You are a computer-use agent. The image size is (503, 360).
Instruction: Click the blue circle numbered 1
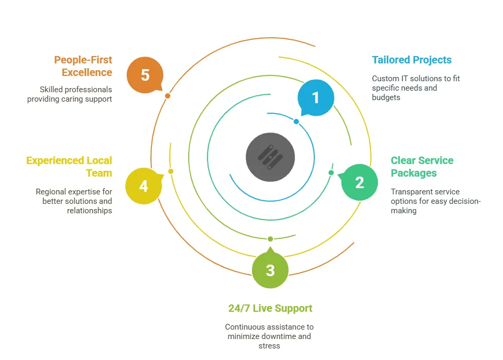(315, 98)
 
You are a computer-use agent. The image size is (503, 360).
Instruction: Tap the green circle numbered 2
(359, 182)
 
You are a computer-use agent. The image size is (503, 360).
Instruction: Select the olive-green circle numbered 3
(270, 270)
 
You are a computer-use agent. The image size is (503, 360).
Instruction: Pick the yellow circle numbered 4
(143, 186)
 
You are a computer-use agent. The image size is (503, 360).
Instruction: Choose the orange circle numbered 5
(145, 75)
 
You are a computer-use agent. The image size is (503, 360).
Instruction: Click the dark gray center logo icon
(270, 157)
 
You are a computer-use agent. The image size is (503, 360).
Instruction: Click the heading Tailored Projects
(411, 60)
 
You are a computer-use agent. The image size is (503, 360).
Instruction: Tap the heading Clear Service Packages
(422, 167)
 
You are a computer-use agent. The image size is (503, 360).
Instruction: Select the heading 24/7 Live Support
(270, 308)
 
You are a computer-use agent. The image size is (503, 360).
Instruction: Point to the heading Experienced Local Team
(69, 167)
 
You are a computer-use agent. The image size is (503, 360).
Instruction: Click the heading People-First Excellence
(83, 66)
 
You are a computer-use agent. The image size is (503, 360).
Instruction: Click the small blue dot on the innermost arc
(296, 122)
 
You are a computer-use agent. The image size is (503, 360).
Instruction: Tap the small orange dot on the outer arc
(167, 96)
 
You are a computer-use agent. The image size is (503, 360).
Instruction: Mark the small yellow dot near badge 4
(171, 171)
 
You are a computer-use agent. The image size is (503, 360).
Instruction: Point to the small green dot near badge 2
(331, 172)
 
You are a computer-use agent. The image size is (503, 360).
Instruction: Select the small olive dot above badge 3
(270, 239)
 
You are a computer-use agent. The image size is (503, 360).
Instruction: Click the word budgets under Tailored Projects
(386, 97)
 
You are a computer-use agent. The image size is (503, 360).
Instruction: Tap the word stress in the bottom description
(270, 346)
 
